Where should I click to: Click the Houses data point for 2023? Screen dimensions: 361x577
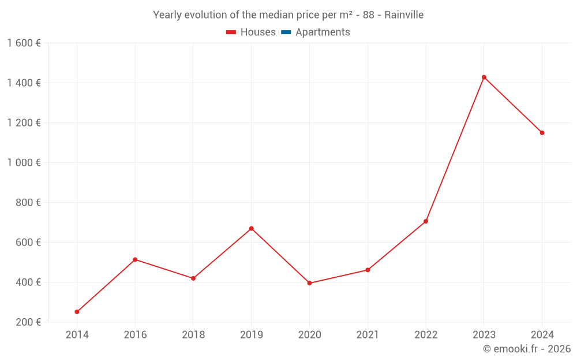[x=484, y=77]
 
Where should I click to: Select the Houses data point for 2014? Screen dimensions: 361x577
[x=77, y=312]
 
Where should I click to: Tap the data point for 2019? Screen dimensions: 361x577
[x=251, y=229]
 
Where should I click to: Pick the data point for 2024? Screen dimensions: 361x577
[x=542, y=133]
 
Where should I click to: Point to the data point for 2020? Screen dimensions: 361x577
[x=309, y=283]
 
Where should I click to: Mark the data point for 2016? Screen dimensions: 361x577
[x=135, y=259]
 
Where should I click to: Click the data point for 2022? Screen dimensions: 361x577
[x=426, y=221]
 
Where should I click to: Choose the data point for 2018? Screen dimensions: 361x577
[x=193, y=278]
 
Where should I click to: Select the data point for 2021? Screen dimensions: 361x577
[x=368, y=270]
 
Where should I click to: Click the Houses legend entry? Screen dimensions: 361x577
[x=251, y=32]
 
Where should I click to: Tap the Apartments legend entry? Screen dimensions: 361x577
[x=316, y=32]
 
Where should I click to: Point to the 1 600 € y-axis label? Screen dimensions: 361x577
[x=24, y=43]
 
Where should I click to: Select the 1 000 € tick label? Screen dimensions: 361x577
[x=24, y=163]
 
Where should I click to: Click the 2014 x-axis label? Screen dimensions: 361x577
[x=77, y=335]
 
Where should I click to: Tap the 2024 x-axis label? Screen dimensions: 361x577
[x=542, y=335]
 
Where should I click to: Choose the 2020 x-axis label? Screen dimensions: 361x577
[x=309, y=335]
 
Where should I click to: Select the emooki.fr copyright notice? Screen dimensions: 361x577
[x=526, y=349]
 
